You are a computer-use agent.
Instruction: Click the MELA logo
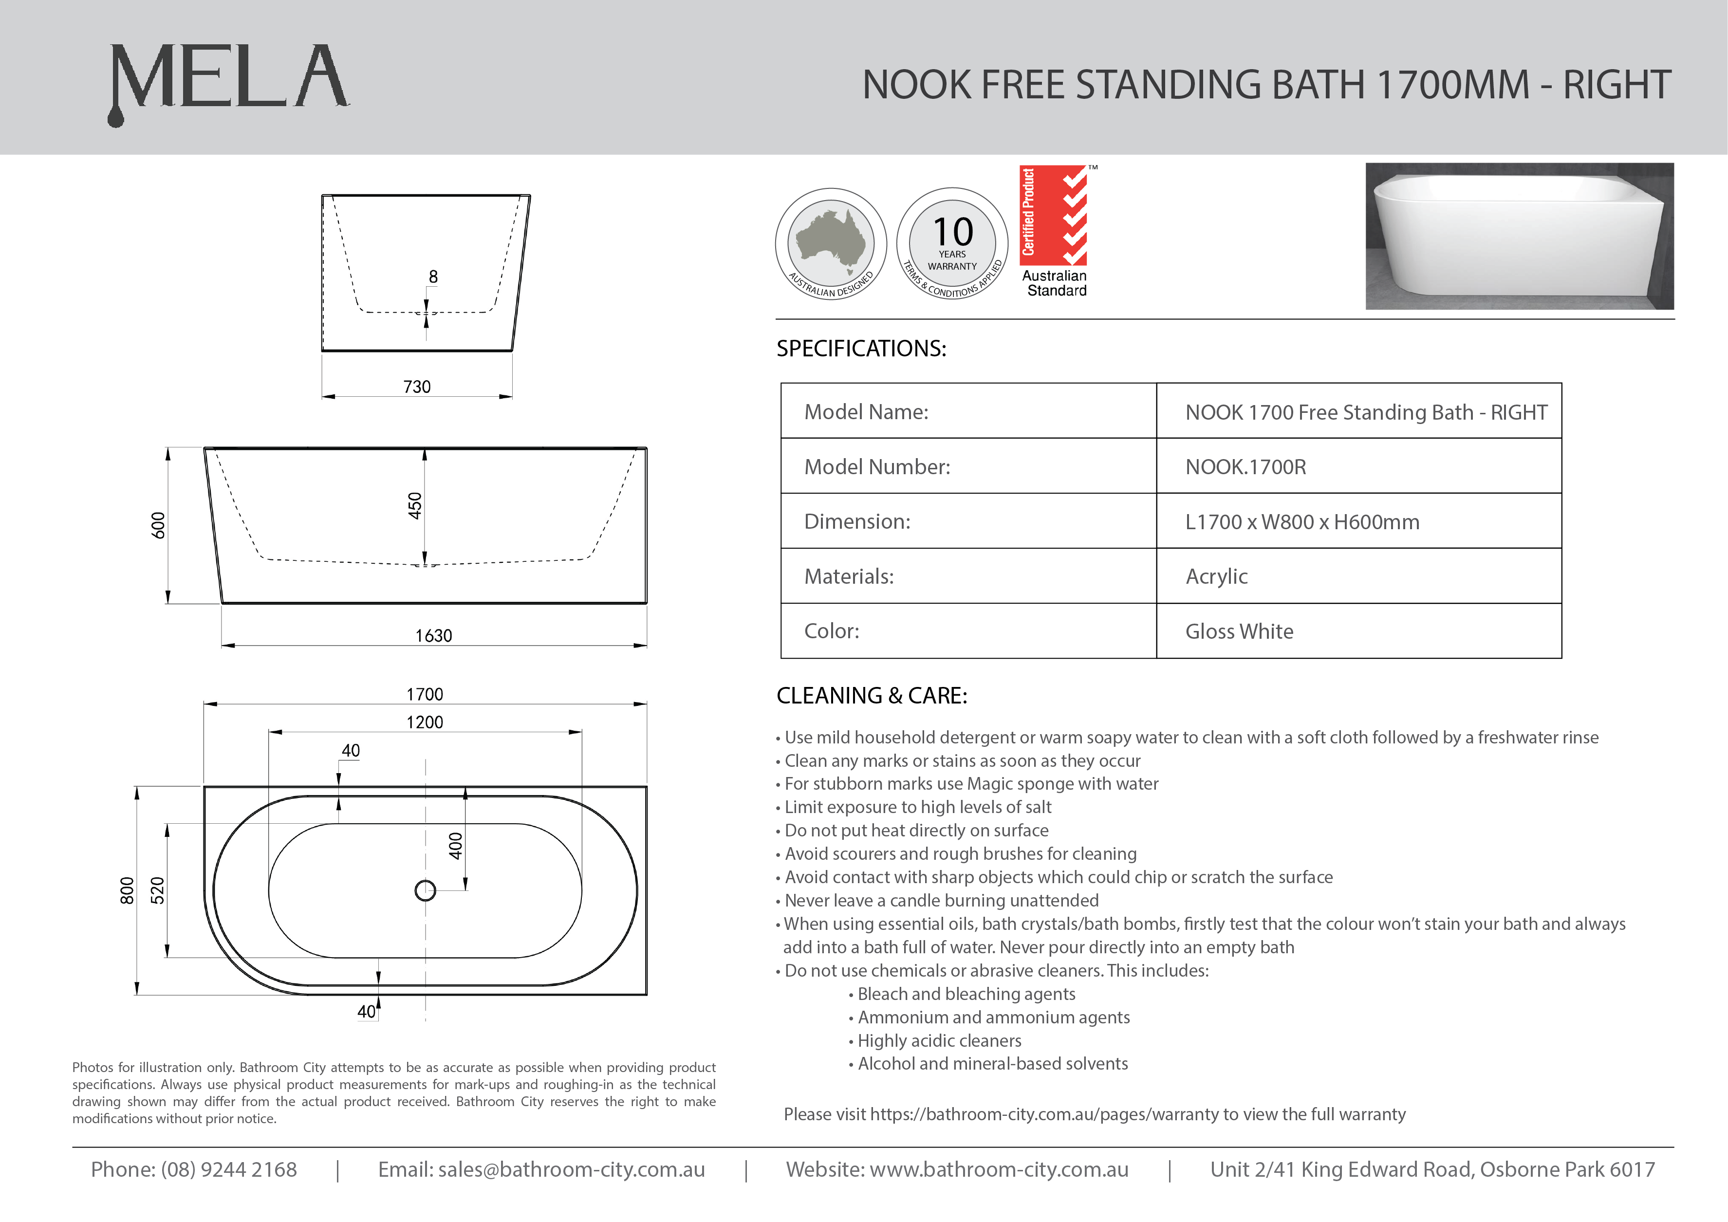[x=229, y=81]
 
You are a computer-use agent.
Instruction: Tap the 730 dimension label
[x=417, y=387]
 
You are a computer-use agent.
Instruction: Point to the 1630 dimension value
[x=433, y=636]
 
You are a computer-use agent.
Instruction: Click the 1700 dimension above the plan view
[x=425, y=694]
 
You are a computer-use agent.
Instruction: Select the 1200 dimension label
[x=425, y=722]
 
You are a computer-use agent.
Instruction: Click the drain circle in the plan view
[x=425, y=890]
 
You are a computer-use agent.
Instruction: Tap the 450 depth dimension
[x=415, y=506]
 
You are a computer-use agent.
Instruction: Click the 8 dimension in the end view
[x=433, y=277]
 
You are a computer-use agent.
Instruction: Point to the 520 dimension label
[x=157, y=890]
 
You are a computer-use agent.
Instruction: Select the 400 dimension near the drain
[x=455, y=846]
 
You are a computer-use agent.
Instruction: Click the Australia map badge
[x=831, y=243]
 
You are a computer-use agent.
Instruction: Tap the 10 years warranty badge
[x=952, y=243]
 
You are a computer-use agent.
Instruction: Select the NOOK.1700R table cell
[x=1245, y=466]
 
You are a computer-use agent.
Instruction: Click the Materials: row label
[x=849, y=576]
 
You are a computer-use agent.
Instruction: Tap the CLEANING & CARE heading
[x=872, y=695]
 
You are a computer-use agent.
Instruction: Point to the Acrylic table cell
[x=1216, y=576]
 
